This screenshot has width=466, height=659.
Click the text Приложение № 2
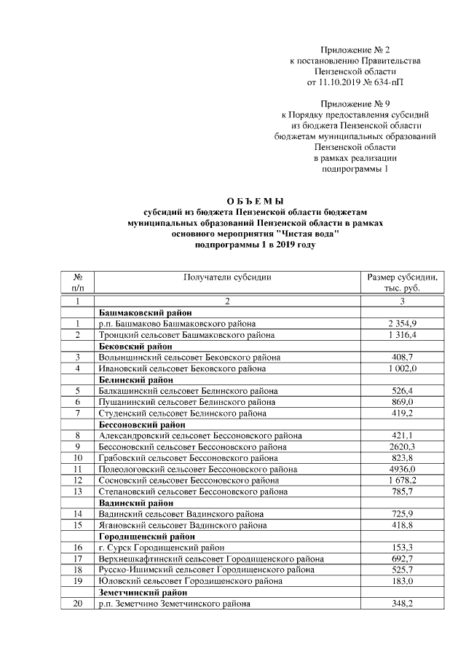(x=355, y=50)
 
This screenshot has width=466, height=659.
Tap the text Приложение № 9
(x=355, y=103)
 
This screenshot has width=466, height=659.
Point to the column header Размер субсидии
(x=402, y=277)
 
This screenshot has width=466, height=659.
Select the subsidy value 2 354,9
(x=402, y=323)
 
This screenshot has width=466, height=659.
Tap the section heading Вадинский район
(x=131, y=502)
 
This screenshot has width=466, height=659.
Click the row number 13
(x=76, y=492)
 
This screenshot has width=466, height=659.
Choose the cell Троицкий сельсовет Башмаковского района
(x=186, y=334)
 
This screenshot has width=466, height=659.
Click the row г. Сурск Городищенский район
(x=162, y=548)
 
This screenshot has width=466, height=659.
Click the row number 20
(x=76, y=604)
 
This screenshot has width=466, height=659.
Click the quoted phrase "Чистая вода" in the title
(x=308, y=235)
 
